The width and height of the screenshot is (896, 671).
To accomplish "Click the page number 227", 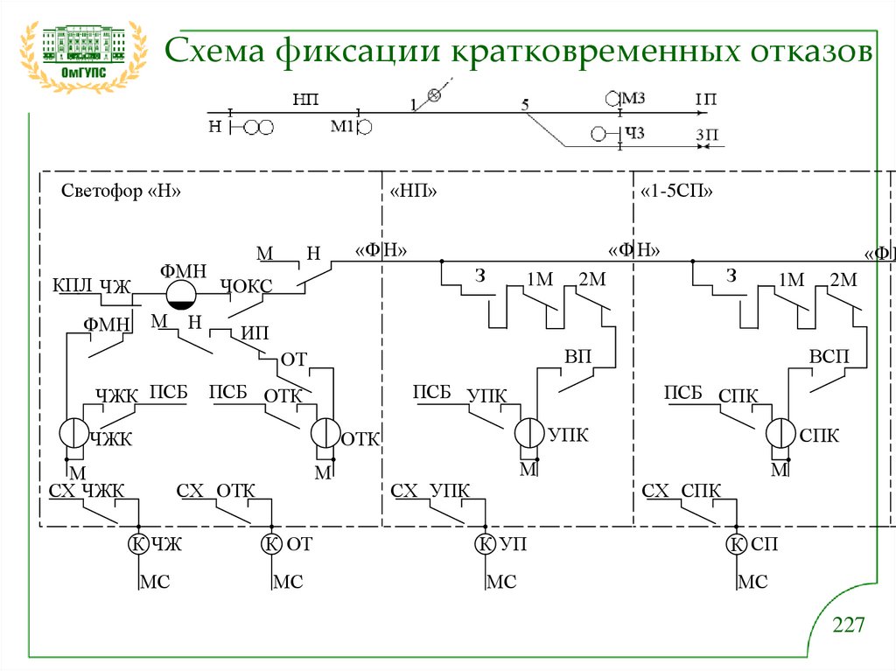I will tap(848, 625).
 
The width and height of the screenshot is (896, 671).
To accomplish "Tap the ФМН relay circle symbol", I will tap(181, 294).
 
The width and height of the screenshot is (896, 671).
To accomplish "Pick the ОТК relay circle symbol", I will tap(325, 432).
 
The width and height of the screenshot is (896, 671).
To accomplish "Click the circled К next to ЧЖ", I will tap(137, 544).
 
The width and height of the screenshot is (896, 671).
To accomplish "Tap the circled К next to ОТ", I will tap(271, 544).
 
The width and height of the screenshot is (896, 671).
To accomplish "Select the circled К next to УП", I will tap(485, 544).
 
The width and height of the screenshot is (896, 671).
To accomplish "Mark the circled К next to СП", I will tap(736, 544).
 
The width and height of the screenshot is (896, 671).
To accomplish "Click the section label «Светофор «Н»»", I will tap(121, 192).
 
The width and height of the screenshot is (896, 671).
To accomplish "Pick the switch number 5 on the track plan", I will tap(524, 105).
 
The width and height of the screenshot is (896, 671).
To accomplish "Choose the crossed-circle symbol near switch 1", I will tap(432, 95).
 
